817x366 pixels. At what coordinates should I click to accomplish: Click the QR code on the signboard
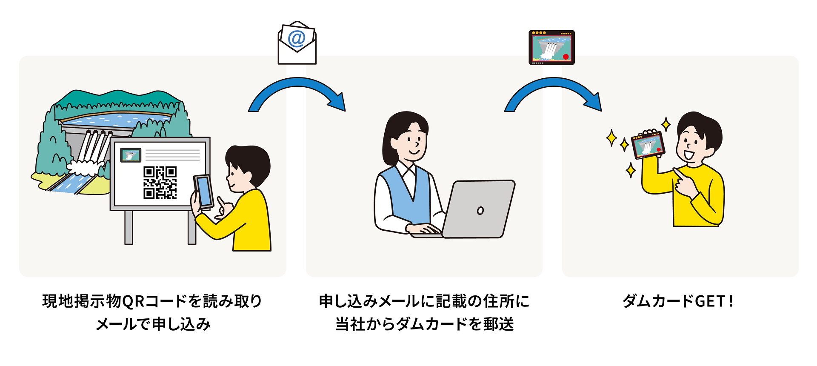coord(160,183)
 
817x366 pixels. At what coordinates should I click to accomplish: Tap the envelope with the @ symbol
coord(297,43)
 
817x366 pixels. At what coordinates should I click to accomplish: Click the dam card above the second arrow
coord(551,47)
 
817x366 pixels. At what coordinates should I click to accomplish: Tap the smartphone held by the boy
coord(203,191)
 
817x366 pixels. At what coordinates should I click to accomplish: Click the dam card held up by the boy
coord(648,145)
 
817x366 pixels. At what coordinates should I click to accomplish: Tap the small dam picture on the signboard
coord(131,155)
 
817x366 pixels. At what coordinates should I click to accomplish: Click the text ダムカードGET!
coord(678,301)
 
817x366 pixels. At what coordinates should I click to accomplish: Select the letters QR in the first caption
coord(134,301)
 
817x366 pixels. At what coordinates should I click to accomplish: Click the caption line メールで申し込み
coord(153,324)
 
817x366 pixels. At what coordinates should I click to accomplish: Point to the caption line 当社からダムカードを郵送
coord(424,324)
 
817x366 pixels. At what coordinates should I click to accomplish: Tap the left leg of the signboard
coord(129,227)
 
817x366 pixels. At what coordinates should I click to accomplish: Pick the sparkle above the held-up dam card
coord(666,124)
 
